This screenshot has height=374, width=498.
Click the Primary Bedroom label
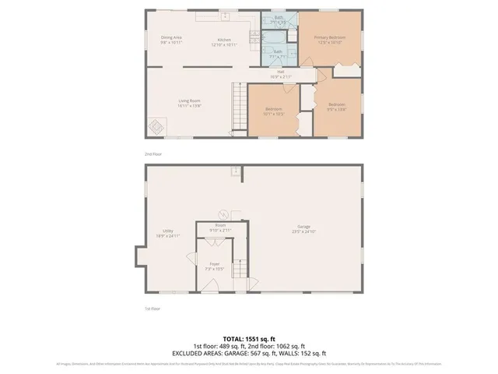click(x=330, y=37)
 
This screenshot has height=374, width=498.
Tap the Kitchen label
click(x=225, y=40)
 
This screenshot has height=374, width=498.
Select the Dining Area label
click(x=172, y=37)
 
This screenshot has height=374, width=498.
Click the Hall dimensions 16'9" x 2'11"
click(x=280, y=77)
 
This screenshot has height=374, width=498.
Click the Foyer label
click(x=213, y=264)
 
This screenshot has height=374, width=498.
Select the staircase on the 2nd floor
click(x=238, y=108)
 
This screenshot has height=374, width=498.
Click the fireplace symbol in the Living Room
click(x=156, y=125)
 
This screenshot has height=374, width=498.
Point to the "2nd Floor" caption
click(x=153, y=153)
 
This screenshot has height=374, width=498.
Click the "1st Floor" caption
click(x=153, y=309)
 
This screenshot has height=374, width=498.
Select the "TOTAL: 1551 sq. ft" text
click(x=249, y=339)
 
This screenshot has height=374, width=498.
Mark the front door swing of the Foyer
click(x=211, y=288)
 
